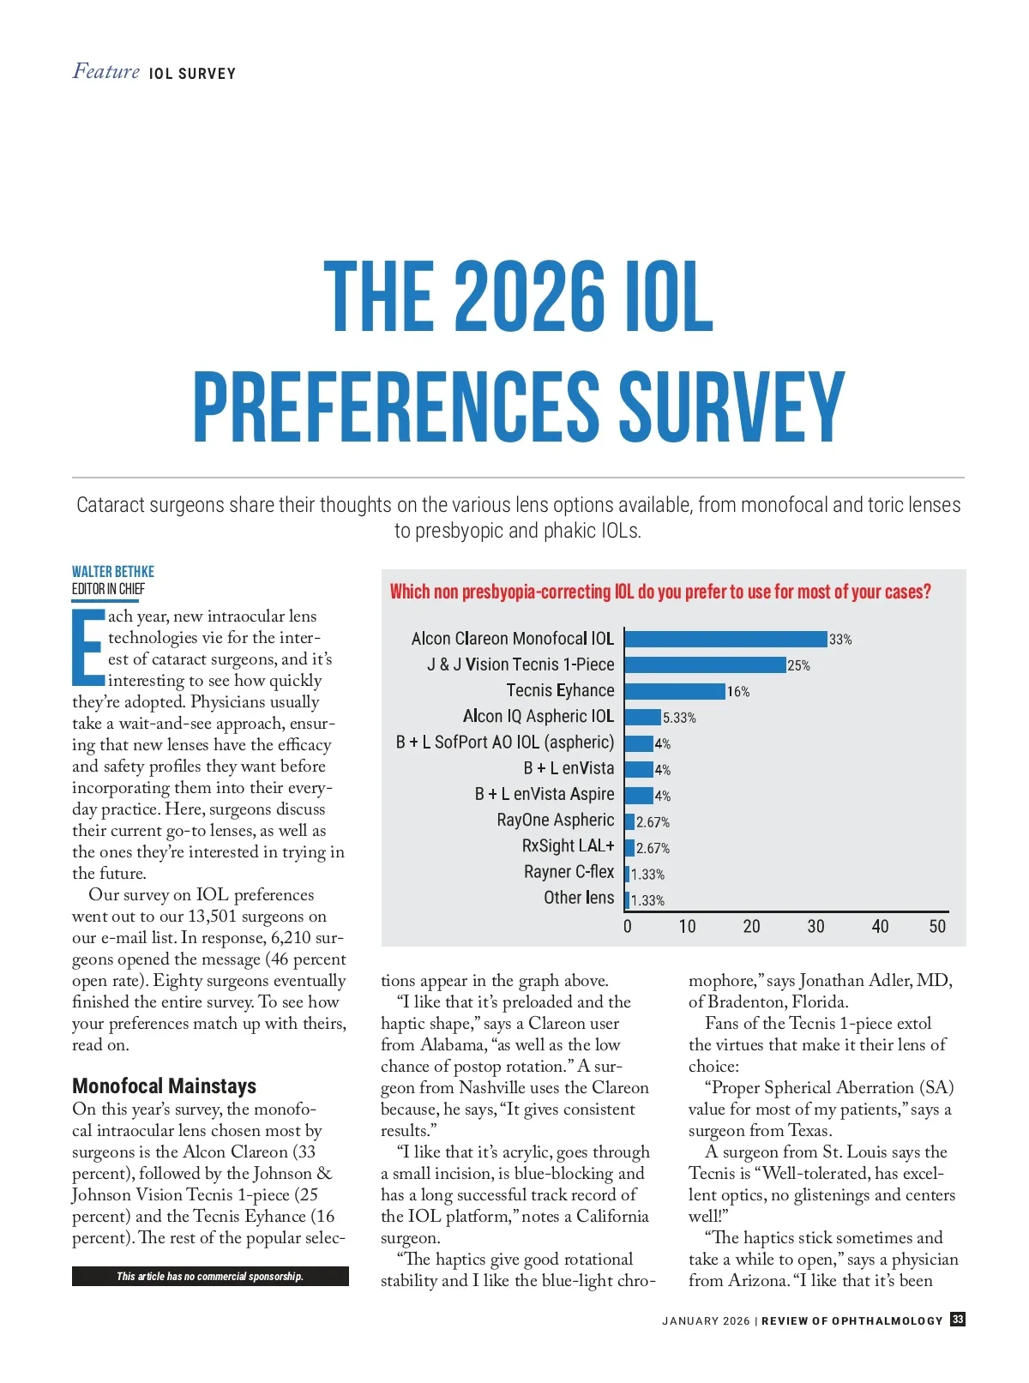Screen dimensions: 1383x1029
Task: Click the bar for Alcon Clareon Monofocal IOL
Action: (725, 639)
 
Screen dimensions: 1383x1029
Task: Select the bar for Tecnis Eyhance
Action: (675, 691)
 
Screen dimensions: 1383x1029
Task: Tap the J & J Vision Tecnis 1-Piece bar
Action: (705, 664)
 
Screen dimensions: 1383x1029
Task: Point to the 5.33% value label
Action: (679, 718)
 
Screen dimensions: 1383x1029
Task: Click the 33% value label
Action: (840, 640)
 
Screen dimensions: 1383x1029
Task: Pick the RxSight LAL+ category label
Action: (568, 846)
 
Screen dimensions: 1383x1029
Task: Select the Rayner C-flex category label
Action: (569, 872)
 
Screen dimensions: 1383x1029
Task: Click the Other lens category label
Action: (579, 898)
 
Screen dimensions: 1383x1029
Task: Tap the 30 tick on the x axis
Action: (815, 927)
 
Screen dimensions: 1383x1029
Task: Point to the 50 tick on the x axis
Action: (937, 927)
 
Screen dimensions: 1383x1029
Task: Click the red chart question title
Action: (660, 592)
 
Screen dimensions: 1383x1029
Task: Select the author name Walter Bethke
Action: (113, 572)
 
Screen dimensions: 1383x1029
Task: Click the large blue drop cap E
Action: (88, 647)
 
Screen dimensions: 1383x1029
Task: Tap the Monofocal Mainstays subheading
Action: (164, 1086)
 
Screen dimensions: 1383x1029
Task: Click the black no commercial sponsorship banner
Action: (210, 1276)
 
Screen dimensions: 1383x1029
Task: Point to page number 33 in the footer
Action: (958, 1320)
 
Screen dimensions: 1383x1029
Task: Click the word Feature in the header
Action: (106, 71)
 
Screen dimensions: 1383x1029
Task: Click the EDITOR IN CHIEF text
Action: (109, 589)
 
